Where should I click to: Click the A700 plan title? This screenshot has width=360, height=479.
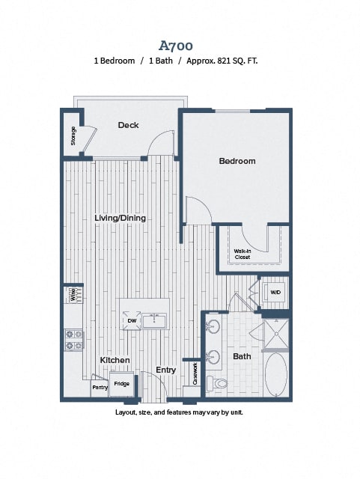pyautogui.click(x=176, y=46)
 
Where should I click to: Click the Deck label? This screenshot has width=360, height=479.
pyautogui.click(x=128, y=125)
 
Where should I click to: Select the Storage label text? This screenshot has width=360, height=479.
pyautogui.click(x=73, y=136)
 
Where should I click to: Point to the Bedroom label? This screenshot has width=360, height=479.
pyautogui.click(x=237, y=161)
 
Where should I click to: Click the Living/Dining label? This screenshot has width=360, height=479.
pyautogui.click(x=120, y=218)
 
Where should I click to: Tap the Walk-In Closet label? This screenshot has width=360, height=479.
pyautogui.click(x=242, y=254)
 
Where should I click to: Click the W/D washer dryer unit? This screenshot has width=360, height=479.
pyautogui.click(x=275, y=293)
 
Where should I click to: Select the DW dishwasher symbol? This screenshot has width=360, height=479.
pyautogui.click(x=132, y=321)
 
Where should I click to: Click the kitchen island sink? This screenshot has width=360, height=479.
pyautogui.click(x=154, y=321)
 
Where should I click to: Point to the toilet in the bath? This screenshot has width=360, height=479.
pyautogui.click(x=217, y=383)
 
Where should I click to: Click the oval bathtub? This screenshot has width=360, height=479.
pyautogui.click(x=276, y=374)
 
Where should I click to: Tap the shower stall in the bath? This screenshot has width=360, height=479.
pyautogui.click(x=276, y=335)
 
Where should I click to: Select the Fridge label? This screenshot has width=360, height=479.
pyautogui.click(x=122, y=384)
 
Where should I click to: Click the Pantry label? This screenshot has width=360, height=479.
pyautogui.click(x=100, y=388)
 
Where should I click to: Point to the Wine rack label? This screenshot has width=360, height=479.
pyautogui.click(x=73, y=294)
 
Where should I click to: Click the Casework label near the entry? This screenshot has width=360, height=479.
pyautogui.click(x=195, y=373)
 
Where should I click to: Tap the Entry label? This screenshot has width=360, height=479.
pyautogui.click(x=165, y=370)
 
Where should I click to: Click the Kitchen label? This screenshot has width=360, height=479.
pyautogui.click(x=115, y=360)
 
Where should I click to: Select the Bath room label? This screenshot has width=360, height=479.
pyautogui.click(x=242, y=356)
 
